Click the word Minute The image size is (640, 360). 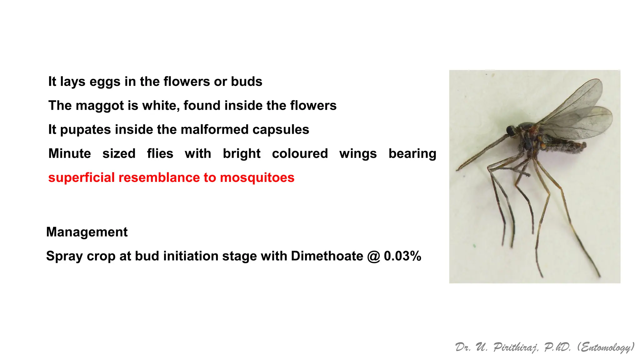tap(70, 154)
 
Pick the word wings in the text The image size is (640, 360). tap(358, 154)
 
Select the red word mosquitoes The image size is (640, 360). tap(257, 178)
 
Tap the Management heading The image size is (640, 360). tap(87, 232)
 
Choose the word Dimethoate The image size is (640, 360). tap(327, 256)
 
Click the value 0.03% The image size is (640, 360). tap(402, 256)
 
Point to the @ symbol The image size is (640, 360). tap(373, 257)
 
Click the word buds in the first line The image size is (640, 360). tap(247, 82)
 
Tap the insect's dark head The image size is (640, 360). tap(512, 131)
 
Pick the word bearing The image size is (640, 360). tap(412, 154)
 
